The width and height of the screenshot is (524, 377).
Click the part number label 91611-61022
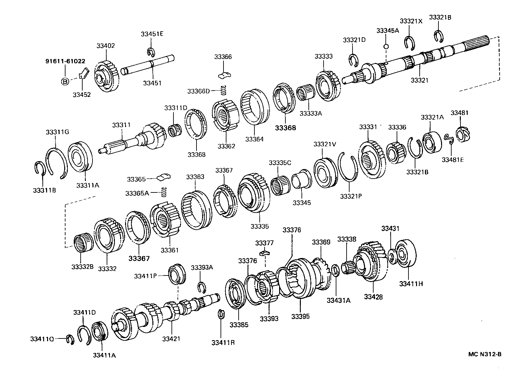coord(65,61)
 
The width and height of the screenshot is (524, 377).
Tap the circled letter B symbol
coord(65,81)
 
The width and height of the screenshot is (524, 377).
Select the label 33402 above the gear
coord(106,46)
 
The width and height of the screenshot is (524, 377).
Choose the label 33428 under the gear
coord(373,297)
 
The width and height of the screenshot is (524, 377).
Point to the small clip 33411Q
coord(69,339)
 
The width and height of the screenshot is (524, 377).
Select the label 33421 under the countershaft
coord(171,338)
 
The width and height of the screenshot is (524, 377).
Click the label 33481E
coord(453,160)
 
